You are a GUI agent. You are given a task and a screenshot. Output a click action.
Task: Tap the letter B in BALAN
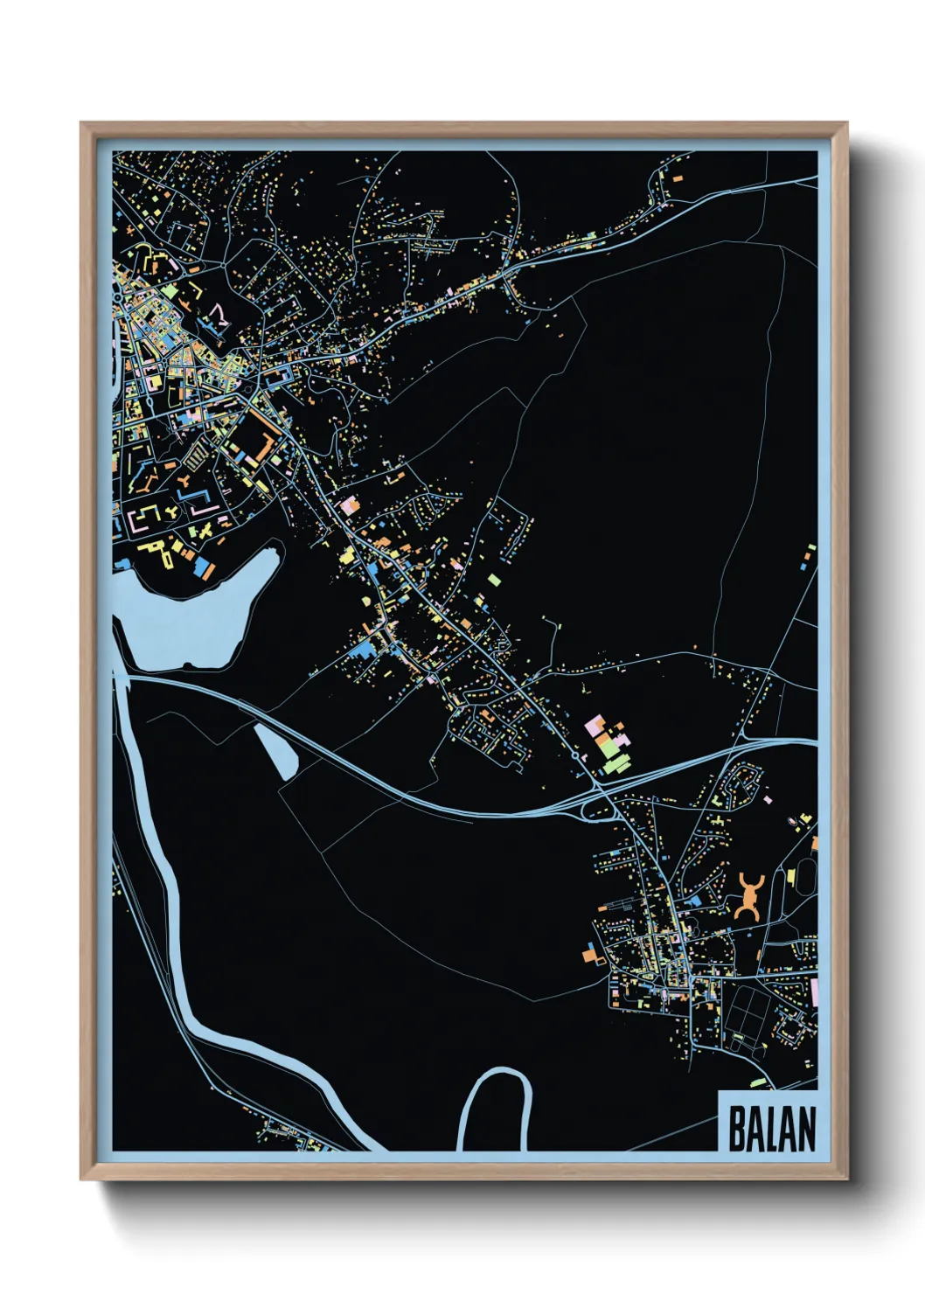tap(737, 1129)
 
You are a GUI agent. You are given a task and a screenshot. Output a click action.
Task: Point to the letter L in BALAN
tap(773, 1129)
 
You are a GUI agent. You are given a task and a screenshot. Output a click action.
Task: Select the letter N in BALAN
tap(806, 1129)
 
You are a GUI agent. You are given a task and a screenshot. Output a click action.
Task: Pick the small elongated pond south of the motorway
tap(277, 750)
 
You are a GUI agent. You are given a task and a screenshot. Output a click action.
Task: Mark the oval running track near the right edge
tap(806, 874)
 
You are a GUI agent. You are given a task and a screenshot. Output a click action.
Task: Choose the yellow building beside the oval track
tap(791, 876)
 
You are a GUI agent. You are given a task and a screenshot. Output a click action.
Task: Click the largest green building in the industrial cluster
tap(613, 763)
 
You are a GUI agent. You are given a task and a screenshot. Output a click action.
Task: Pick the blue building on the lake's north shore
tap(204, 567)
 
